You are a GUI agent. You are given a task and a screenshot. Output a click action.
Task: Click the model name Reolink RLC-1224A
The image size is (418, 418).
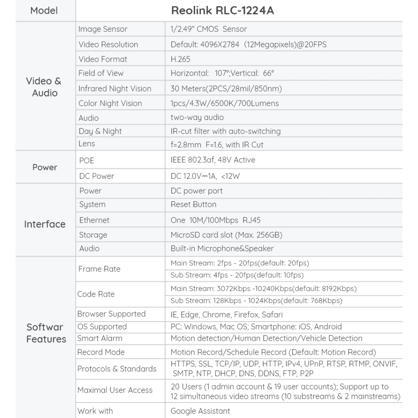coord(222,11)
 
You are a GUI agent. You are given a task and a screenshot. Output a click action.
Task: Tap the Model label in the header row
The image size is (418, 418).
coord(44,11)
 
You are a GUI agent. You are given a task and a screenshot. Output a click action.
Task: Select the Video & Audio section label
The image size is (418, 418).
coord(44,87)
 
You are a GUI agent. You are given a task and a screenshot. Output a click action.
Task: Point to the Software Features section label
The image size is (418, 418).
coord(46,333)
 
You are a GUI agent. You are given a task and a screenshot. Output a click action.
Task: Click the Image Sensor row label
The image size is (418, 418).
coord(103,29)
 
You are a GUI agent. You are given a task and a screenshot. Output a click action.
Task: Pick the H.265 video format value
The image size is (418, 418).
coord(180,59)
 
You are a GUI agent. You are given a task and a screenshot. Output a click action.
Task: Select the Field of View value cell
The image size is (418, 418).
coord(222,73)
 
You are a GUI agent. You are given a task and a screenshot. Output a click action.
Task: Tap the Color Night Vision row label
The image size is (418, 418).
coord(110,103)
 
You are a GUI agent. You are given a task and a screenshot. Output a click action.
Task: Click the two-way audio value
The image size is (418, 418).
coord(197,118)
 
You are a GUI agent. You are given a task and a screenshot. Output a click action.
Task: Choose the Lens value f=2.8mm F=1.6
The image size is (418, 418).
coord(217,145)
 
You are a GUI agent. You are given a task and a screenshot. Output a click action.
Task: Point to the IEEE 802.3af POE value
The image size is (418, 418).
coord(213,160)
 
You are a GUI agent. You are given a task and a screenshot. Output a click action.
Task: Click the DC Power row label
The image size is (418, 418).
coord(97,176)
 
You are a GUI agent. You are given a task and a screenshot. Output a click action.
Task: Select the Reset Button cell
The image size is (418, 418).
coord(193,205)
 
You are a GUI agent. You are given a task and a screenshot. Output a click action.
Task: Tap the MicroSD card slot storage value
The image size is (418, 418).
coord(226,235)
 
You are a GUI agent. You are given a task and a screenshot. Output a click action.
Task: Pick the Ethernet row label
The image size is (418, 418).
coord(94,220)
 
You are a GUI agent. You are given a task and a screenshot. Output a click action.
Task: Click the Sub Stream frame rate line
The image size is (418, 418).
coord(237,275)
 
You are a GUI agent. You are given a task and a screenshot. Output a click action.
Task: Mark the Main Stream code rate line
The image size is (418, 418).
coord(263,289)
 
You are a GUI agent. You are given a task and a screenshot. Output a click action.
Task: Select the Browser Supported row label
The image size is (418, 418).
coord(111,314)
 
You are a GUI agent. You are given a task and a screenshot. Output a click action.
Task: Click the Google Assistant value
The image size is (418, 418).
coord(200,411)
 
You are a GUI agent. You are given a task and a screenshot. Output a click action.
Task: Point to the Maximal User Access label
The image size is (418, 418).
coord(115,390)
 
